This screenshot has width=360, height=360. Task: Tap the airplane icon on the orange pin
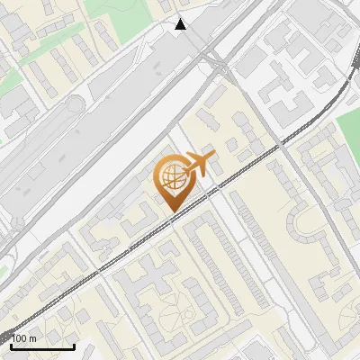pyautogui.click(x=199, y=164)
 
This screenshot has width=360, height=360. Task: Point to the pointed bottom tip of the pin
pyautogui.click(x=171, y=212)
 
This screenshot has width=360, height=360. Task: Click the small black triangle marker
pyautogui.click(x=181, y=24)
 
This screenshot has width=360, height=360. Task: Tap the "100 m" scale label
pyautogui.click(x=25, y=338)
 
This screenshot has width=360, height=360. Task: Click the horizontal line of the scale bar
pyautogui.click(x=42, y=346)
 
